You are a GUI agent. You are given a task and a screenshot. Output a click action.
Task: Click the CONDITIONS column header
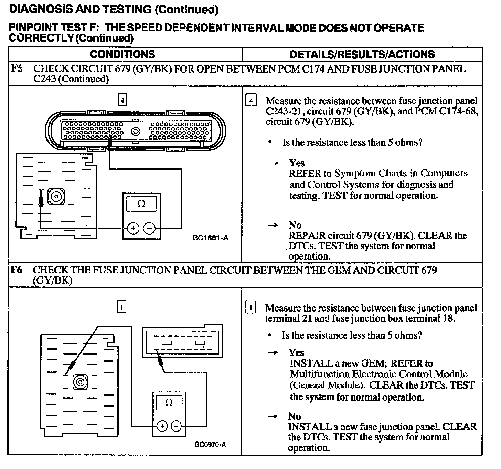(x=122, y=54)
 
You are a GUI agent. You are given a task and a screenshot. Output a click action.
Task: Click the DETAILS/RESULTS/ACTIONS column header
(x=362, y=54)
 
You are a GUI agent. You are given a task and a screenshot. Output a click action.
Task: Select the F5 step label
(x=17, y=68)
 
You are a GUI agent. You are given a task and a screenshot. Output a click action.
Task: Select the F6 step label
(x=17, y=270)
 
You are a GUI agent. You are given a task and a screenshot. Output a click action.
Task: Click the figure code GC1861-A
(x=210, y=238)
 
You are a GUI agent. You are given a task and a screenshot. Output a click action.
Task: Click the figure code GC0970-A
(x=210, y=445)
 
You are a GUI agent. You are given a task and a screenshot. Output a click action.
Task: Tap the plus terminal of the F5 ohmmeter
(x=134, y=228)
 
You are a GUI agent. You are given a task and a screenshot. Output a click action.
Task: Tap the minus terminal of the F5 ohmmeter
(x=149, y=228)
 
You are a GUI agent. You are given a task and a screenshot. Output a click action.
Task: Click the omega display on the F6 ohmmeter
(x=169, y=402)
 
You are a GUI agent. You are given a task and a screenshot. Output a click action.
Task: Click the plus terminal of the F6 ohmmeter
(x=162, y=426)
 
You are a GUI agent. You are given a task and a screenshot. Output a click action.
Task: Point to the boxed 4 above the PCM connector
(x=122, y=100)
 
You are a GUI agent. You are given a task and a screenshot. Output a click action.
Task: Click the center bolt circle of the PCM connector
(x=136, y=131)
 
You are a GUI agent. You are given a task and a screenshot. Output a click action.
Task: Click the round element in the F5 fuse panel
(x=55, y=196)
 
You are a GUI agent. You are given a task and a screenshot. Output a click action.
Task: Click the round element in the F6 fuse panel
(x=80, y=382)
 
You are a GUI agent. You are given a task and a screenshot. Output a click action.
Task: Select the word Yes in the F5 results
(x=297, y=163)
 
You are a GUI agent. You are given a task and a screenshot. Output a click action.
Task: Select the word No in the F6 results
(x=295, y=416)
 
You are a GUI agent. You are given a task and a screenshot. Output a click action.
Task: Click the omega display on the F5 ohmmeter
(x=141, y=204)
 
